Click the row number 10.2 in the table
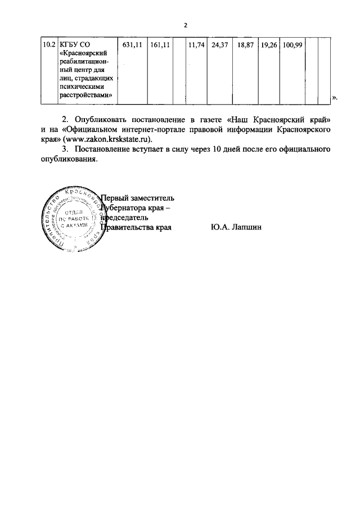(49, 43)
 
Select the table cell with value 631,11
(132, 43)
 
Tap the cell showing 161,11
(160, 43)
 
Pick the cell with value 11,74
(196, 43)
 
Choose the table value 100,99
(292, 43)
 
